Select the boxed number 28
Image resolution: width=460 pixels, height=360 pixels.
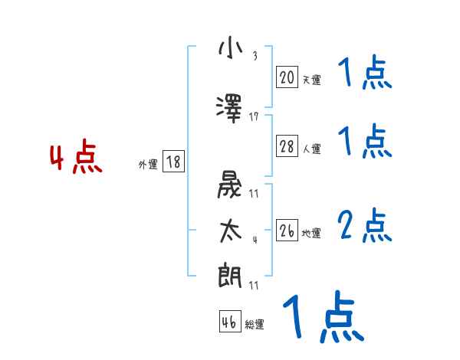pos(287,146)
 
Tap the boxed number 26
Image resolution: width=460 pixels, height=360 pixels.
pos(287,231)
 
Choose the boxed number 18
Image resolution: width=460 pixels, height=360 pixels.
pos(173,162)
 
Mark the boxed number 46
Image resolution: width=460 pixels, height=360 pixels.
pos(229,322)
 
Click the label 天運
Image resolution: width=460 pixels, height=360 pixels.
pos(311,79)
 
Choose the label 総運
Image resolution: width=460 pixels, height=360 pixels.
pos(255,325)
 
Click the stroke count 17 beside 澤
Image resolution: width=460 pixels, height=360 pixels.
pos(254,117)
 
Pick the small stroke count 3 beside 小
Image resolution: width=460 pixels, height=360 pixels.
pos(255,55)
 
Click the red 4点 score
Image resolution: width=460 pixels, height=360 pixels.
pos(75,159)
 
